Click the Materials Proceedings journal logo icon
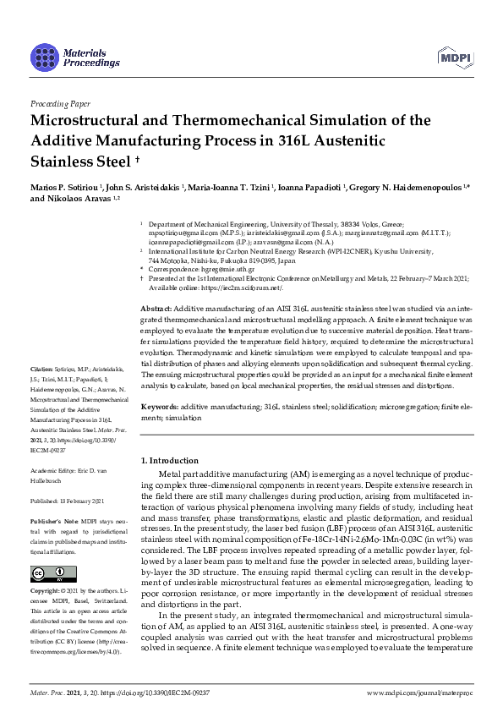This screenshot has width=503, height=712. point(44,58)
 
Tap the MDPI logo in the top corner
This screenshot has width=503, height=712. point(454,58)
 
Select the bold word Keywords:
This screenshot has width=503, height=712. point(159,407)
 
